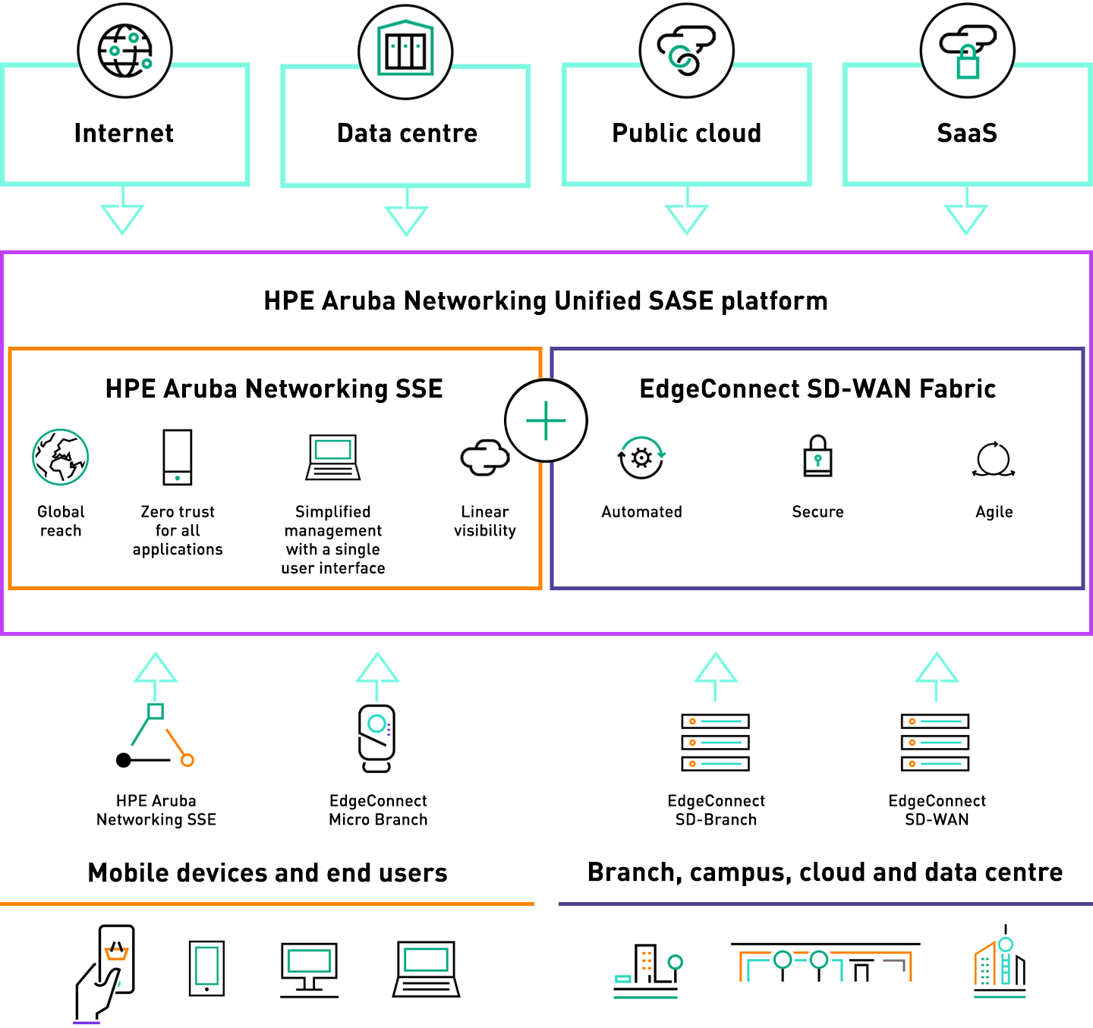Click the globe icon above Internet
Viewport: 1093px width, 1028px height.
[125, 51]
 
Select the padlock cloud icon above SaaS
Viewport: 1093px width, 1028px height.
[967, 51]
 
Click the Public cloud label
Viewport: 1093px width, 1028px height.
[686, 133]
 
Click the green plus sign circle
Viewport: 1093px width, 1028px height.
[546, 420]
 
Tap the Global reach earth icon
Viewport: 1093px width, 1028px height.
[61, 457]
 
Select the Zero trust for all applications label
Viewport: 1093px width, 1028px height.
[178, 530]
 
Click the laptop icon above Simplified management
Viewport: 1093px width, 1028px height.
[333, 457]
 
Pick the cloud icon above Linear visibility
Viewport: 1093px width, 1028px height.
[484, 457]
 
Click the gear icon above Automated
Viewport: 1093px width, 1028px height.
[641, 457]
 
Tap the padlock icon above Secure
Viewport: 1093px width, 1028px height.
[817, 456]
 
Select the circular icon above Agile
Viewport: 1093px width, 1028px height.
[994, 459]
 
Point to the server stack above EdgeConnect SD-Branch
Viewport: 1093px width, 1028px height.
[715, 742]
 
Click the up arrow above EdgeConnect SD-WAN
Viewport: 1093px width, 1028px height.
[937, 674]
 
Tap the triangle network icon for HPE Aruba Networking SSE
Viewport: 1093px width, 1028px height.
[156, 737]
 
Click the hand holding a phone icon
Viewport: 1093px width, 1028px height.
[106, 972]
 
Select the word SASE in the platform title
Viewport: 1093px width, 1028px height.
[681, 301]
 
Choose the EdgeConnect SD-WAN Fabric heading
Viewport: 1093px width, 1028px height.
[817, 388]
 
